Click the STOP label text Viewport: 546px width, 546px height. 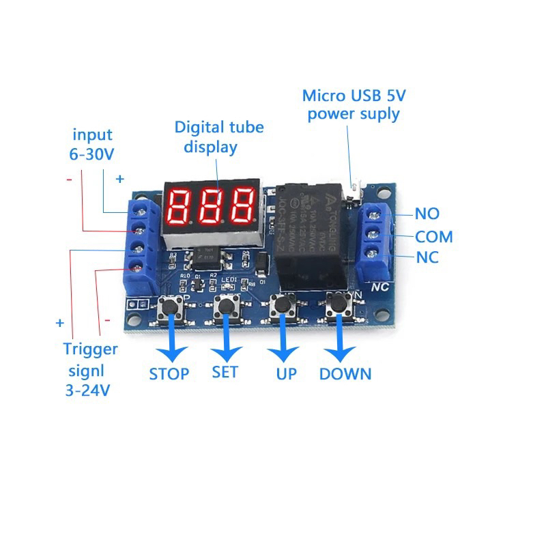pos(169,373)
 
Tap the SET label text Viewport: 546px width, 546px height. pos(225,373)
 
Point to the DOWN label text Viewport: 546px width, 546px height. pos(345,373)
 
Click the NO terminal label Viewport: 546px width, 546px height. pos(427,214)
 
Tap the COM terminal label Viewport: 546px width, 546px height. pos(434,237)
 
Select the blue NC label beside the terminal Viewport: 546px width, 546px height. pos(427,258)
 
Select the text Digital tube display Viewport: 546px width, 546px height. pos(218,136)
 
